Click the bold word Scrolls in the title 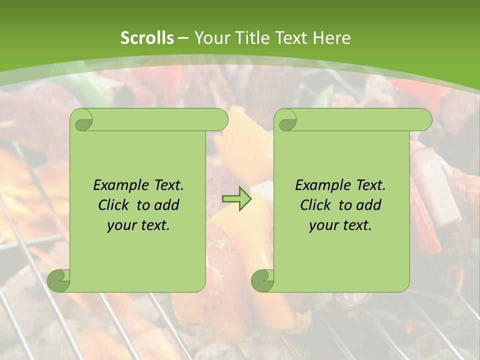(147, 38)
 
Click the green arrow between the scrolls (236, 199)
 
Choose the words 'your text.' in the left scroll (138, 225)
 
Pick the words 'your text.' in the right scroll (340, 225)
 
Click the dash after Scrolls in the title (183, 38)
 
